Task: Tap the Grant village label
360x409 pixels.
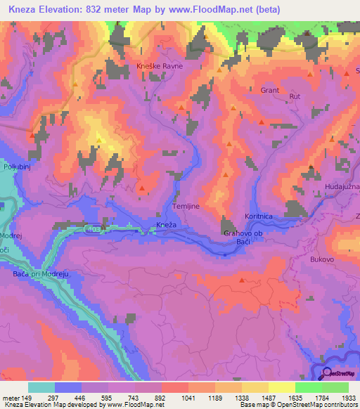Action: [270, 91]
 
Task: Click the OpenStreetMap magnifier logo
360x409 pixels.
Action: [326, 375]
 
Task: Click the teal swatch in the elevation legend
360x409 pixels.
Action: [41, 387]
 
